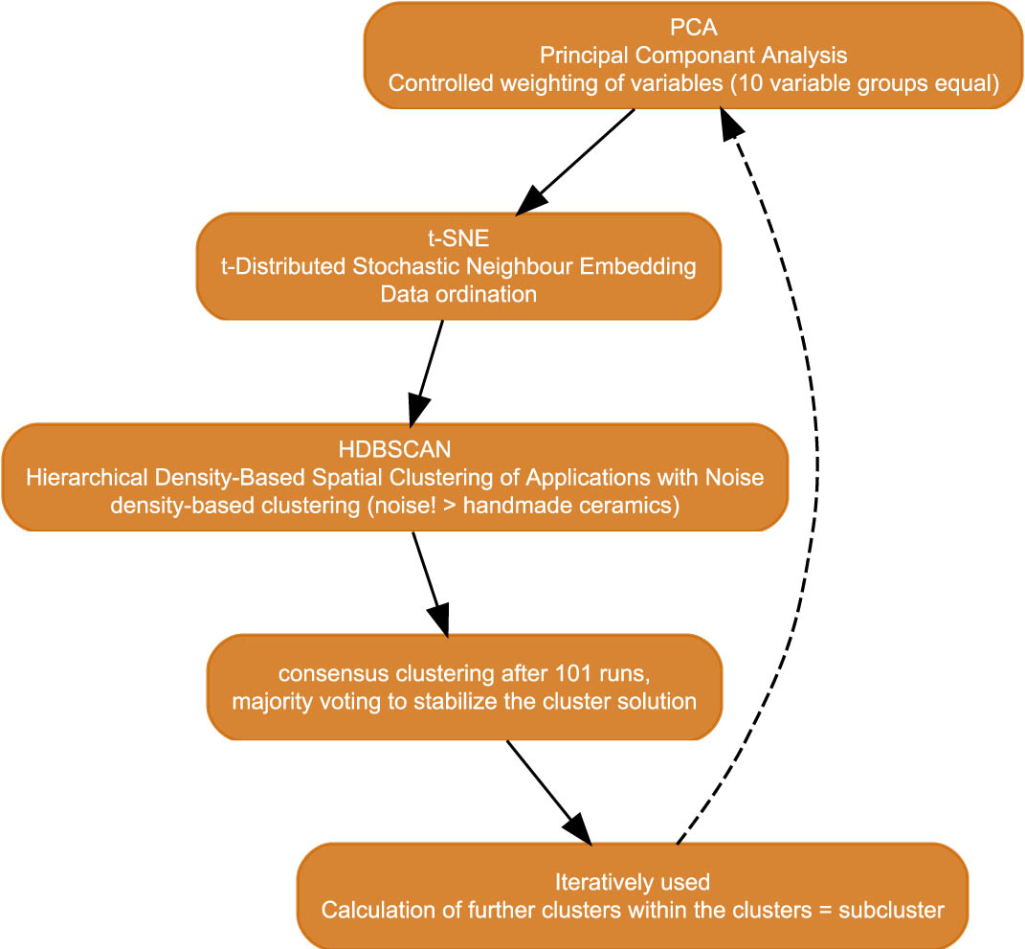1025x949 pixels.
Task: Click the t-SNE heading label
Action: [458, 238]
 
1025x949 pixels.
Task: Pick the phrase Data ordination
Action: [458, 294]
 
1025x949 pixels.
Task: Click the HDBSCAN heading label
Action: [394, 449]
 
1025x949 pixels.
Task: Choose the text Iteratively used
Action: [632, 881]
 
